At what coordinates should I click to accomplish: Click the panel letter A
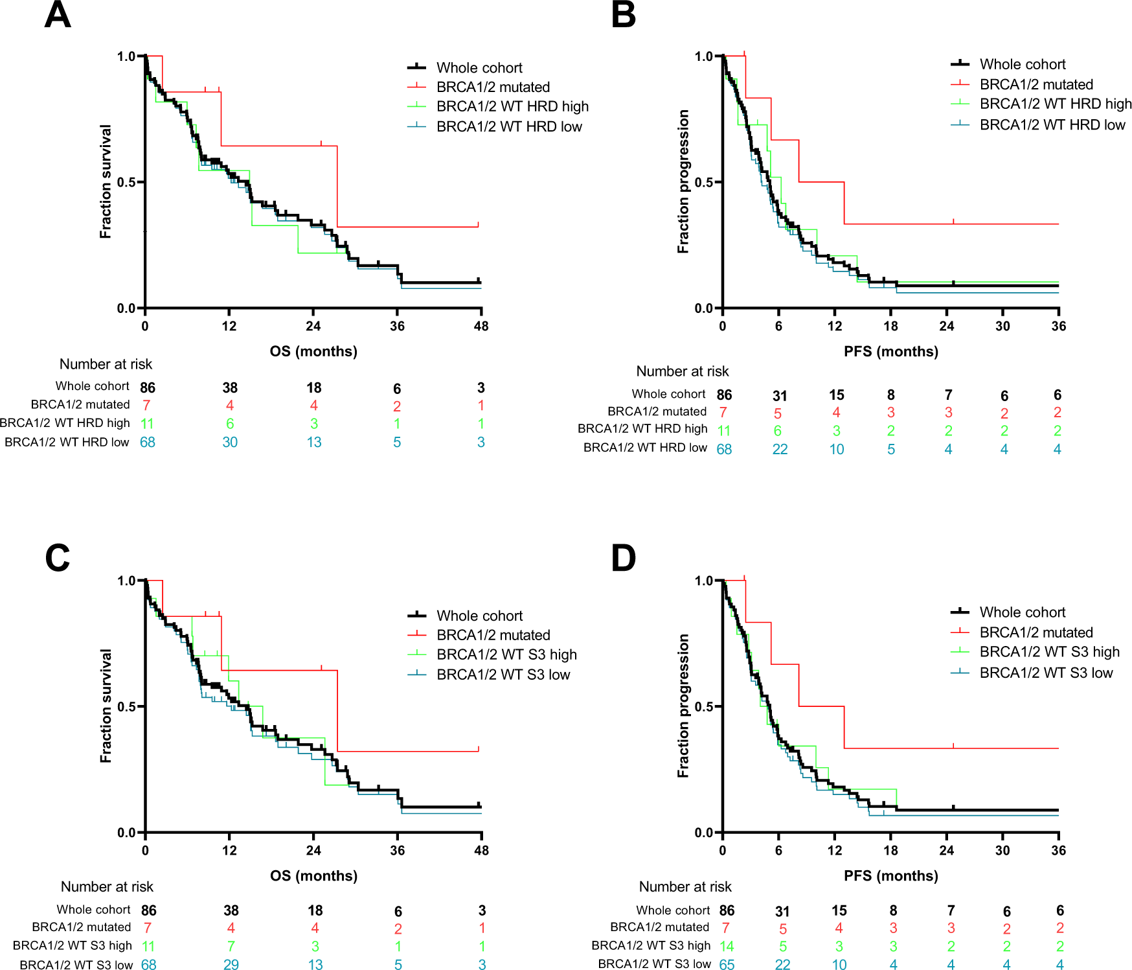57,15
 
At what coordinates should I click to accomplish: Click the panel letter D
623,558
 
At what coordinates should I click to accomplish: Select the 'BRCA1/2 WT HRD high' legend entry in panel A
512,106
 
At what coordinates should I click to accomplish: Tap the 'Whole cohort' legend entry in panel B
1022,64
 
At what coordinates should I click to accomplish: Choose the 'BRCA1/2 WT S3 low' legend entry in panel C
503,675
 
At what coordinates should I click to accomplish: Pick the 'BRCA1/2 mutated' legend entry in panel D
1036,632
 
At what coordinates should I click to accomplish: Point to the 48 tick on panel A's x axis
481,326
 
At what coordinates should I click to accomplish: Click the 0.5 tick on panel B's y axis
704,182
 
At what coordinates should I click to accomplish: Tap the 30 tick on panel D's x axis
1002,850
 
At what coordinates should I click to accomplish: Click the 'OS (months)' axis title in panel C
313,875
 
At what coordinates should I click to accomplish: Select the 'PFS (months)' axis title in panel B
890,351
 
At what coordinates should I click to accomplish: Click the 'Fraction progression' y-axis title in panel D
683,706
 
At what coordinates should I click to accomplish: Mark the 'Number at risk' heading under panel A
106,364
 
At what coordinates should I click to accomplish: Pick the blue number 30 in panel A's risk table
230,442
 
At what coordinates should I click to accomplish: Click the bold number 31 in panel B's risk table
780,396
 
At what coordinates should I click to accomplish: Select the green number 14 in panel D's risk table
727,946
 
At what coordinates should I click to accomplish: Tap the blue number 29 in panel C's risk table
231,964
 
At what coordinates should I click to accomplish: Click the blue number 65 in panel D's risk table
727,964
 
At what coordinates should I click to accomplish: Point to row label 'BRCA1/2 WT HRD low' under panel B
644,447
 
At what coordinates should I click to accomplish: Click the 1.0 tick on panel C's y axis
126,581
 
